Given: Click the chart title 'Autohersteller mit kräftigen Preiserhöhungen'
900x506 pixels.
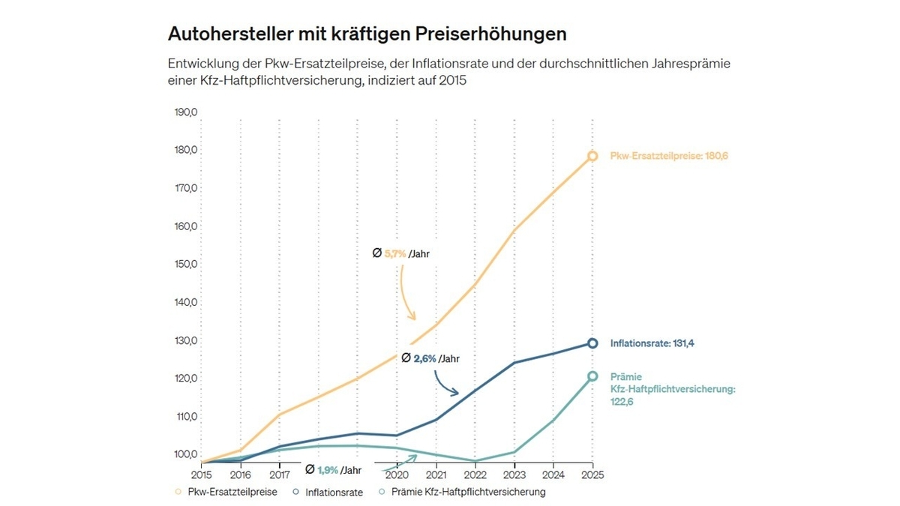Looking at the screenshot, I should pyautogui.click(x=367, y=34).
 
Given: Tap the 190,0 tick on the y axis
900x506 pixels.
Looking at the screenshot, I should pyautogui.click(x=186, y=112).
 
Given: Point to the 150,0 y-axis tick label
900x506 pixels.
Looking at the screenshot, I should pyautogui.click(x=186, y=265).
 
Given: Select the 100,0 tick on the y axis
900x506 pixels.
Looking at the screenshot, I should pyautogui.click(x=186, y=454).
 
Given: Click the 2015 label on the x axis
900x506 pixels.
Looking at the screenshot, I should pyautogui.click(x=201, y=475).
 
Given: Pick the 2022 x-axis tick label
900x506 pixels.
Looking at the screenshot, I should pyautogui.click(x=475, y=475).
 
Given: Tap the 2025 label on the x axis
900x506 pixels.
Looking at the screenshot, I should pyautogui.click(x=592, y=475).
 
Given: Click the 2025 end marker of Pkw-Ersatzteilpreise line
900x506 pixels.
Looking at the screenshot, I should pyautogui.click(x=592, y=156).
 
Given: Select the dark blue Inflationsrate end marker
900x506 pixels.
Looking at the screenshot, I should pyautogui.click(x=592, y=343).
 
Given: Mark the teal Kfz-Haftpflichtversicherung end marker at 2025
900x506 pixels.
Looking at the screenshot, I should pyautogui.click(x=592, y=376).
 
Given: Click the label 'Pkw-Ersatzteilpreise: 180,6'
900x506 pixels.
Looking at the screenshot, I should pyautogui.click(x=668, y=156).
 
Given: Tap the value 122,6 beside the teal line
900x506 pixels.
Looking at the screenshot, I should pyautogui.click(x=622, y=402).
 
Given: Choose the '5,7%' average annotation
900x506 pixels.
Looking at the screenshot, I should pyautogui.click(x=395, y=254).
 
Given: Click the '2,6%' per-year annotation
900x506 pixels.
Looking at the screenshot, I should pyautogui.click(x=424, y=359).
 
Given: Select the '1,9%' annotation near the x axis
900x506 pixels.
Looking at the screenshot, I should pyautogui.click(x=328, y=470).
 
